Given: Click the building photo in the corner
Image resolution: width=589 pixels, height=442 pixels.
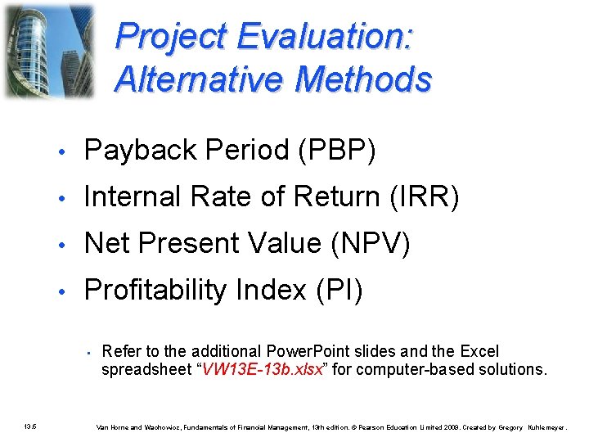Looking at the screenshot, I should tap(48, 51).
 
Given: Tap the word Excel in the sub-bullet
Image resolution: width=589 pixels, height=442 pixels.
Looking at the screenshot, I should tap(479, 352).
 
